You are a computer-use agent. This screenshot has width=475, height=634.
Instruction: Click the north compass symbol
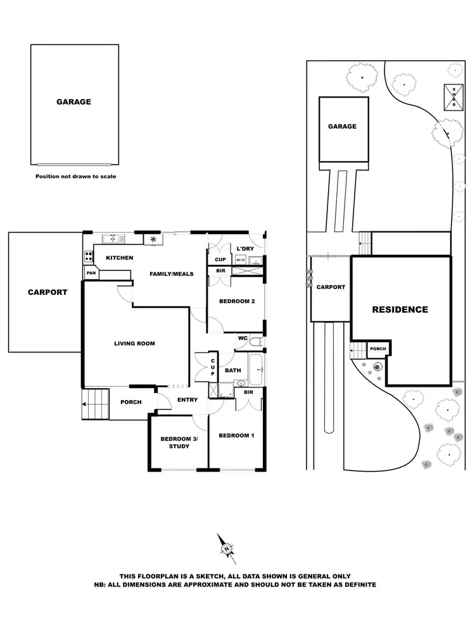[227, 547]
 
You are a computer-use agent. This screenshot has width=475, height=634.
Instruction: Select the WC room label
[243, 339]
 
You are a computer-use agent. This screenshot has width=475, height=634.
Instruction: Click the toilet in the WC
[255, 342]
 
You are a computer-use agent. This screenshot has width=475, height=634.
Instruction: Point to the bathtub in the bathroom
[256, 370]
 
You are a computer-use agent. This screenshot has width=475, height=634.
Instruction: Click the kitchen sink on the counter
[112, 238]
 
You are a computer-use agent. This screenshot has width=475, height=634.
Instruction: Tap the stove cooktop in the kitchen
[87, 257]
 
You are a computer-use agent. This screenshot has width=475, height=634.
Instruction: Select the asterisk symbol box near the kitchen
[153, 239]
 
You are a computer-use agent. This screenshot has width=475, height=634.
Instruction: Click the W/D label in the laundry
[241, 260]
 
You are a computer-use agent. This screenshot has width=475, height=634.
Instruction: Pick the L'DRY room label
[244, 249]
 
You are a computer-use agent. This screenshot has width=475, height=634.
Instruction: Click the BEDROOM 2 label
[237, 301]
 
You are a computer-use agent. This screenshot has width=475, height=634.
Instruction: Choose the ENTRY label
[187, 399]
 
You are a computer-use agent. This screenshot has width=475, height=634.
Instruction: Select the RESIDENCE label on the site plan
[400, 310]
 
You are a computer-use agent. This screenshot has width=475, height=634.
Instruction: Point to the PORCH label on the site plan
[378, 349]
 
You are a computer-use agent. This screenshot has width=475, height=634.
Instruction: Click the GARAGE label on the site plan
[342, 126]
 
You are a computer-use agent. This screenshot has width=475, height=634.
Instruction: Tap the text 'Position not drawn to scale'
[75, 177]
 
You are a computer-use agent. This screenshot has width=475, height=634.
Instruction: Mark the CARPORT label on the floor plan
[47, 292]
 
